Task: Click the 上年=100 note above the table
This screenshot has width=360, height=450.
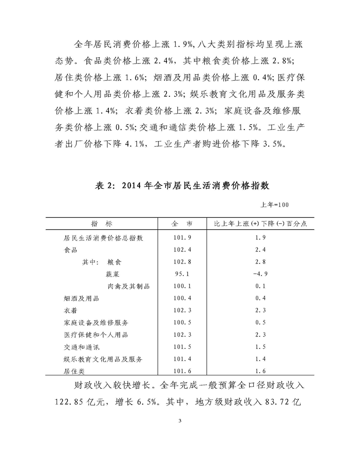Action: [x=274, y=205]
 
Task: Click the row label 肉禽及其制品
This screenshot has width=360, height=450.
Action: [x=128, y=286]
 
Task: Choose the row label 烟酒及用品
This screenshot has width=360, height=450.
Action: [x=81, y=298]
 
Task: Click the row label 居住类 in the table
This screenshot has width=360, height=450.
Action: [x=75, y=371]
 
